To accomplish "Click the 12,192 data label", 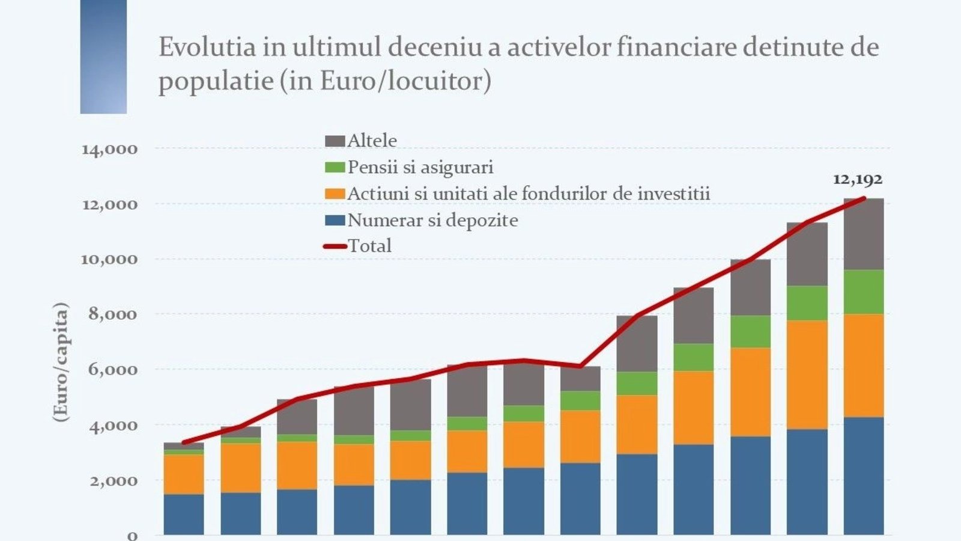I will coord(857,179).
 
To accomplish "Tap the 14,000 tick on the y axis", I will coord(109,149).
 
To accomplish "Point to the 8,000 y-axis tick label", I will coord(113,314).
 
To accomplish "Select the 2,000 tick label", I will coord(113,481).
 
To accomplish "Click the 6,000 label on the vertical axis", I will coord(113,370).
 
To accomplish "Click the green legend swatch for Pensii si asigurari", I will coord(335,167).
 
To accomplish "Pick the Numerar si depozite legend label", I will coord(432,220).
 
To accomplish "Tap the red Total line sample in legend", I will coord(335,246).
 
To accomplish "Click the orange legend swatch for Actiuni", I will coord(335,194).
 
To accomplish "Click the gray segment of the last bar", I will coord(863,234).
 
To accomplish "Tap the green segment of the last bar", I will coord(863,292).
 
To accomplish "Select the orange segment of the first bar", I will coord(184,474).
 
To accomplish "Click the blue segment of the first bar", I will coord(184,515).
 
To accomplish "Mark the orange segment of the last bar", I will coord(863,365).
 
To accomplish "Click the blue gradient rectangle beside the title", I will coord(103,57).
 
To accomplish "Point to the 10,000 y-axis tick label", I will coord(109,259).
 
